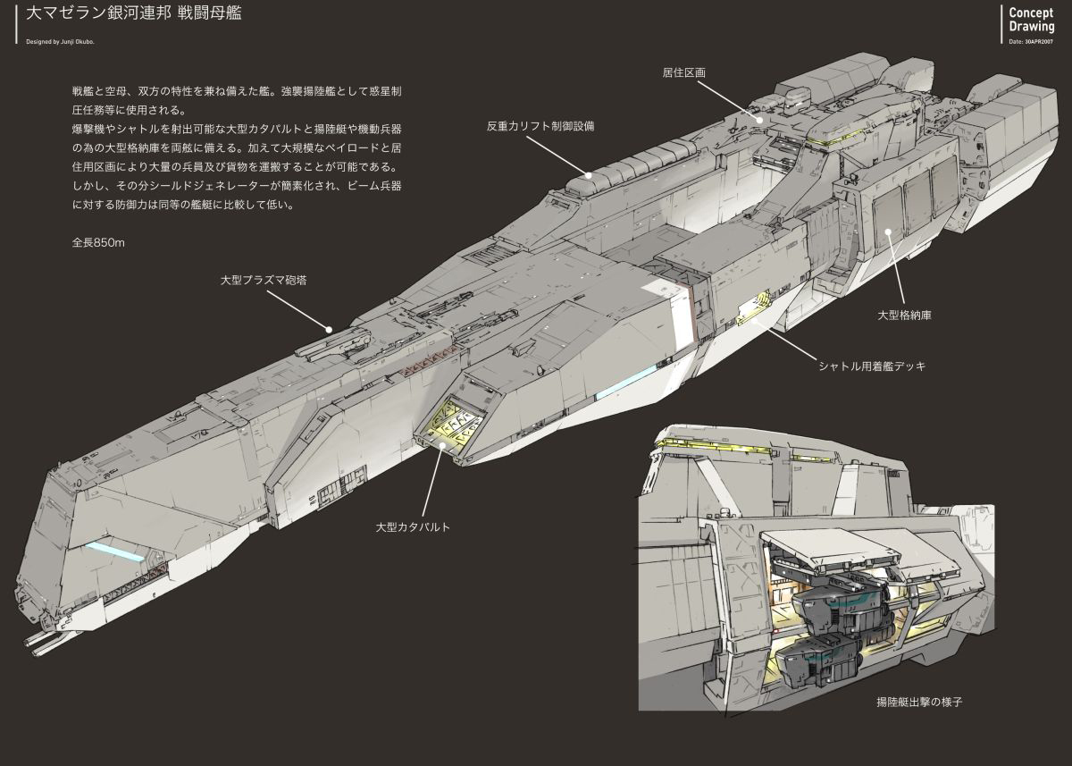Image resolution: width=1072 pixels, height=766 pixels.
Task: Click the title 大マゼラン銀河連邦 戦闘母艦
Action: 133,15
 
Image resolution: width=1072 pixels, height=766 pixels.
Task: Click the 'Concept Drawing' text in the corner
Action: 1031,20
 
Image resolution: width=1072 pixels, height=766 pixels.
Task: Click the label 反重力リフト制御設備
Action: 540,126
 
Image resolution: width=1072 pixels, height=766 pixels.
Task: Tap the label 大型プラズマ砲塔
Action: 264,280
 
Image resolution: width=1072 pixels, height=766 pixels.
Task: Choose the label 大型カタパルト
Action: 413,527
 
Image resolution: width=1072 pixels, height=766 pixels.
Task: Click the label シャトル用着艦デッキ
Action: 872,366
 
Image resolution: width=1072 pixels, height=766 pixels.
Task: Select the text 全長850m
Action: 98,242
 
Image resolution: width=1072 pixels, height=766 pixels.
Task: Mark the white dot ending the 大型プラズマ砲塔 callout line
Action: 329,329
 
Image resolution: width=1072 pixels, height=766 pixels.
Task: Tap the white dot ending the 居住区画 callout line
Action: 758,118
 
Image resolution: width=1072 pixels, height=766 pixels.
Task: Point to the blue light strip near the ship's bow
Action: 115,551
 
